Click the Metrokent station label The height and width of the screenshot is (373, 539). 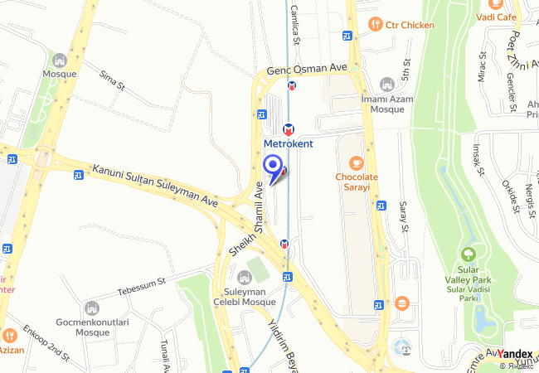[x=289, y=143]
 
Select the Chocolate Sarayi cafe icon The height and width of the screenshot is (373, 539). [x=357, y=162]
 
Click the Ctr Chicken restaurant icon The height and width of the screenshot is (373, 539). [x=375, y=24]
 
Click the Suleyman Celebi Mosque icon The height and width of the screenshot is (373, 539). [x=244, y=276]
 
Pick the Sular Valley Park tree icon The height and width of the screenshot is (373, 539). [x=468, y=255]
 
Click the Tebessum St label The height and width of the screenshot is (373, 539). [x=142, y=285]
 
